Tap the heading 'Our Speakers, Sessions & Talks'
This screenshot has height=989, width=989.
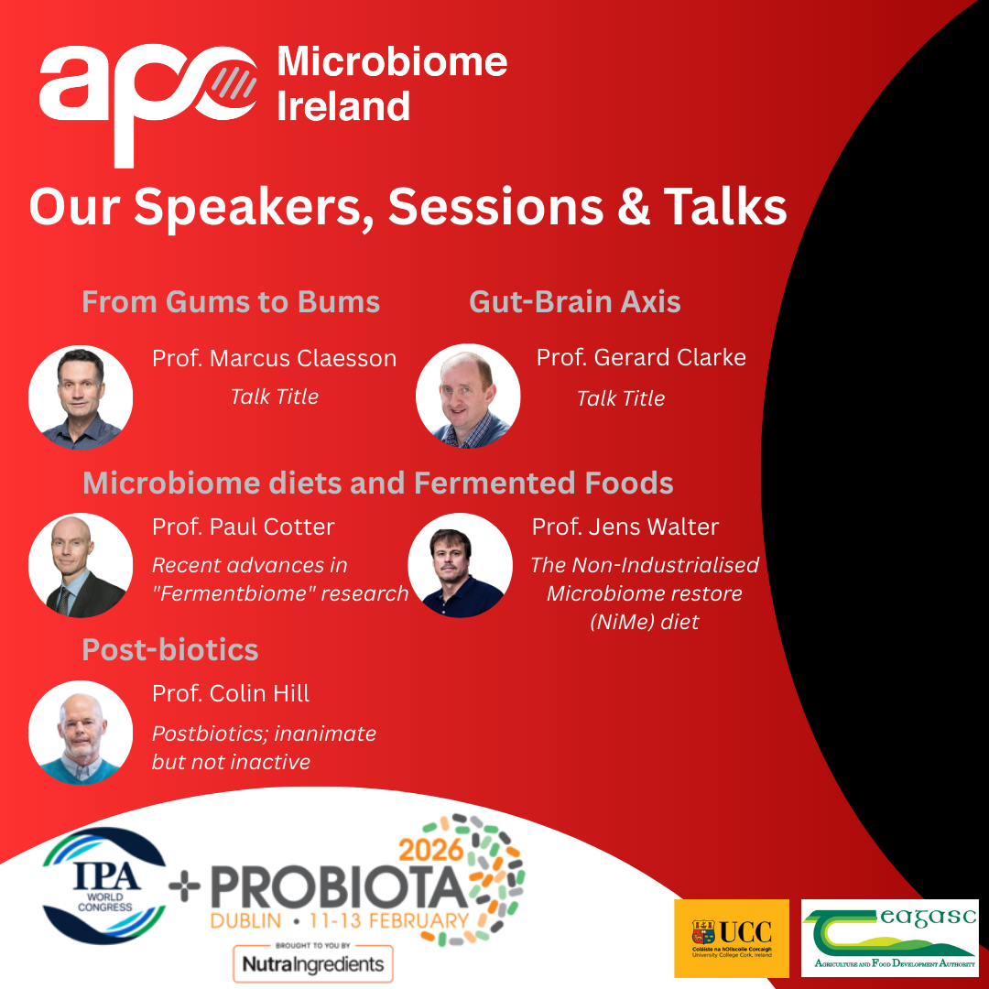click(408, 206)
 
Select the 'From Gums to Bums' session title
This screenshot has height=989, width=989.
click(231, 301)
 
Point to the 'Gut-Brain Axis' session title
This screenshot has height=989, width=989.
click(574, 301)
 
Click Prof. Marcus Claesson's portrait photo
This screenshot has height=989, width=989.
click(81, 397)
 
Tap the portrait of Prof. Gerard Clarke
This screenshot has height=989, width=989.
click(468, 397)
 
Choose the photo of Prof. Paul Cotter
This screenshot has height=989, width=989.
click(81, 565)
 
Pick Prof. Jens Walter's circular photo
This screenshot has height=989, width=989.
click(461, 565)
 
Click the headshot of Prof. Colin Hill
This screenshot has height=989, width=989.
click(81, 733)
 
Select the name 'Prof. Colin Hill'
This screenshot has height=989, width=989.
click(231, 693)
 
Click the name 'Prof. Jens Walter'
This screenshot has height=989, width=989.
click(625, 527)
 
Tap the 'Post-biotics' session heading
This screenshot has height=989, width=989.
click(170, 649)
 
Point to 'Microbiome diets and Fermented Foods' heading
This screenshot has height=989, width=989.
click(378, 484)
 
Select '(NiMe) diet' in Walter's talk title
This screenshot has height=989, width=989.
click(645, 622)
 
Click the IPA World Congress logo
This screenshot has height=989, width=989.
click(104, 886)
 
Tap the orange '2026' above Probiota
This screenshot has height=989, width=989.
click(431, 850)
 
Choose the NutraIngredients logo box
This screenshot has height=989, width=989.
click(313, 963)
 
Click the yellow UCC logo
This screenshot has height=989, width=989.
click(732, 939)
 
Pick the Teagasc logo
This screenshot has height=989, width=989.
click(890, 938)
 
